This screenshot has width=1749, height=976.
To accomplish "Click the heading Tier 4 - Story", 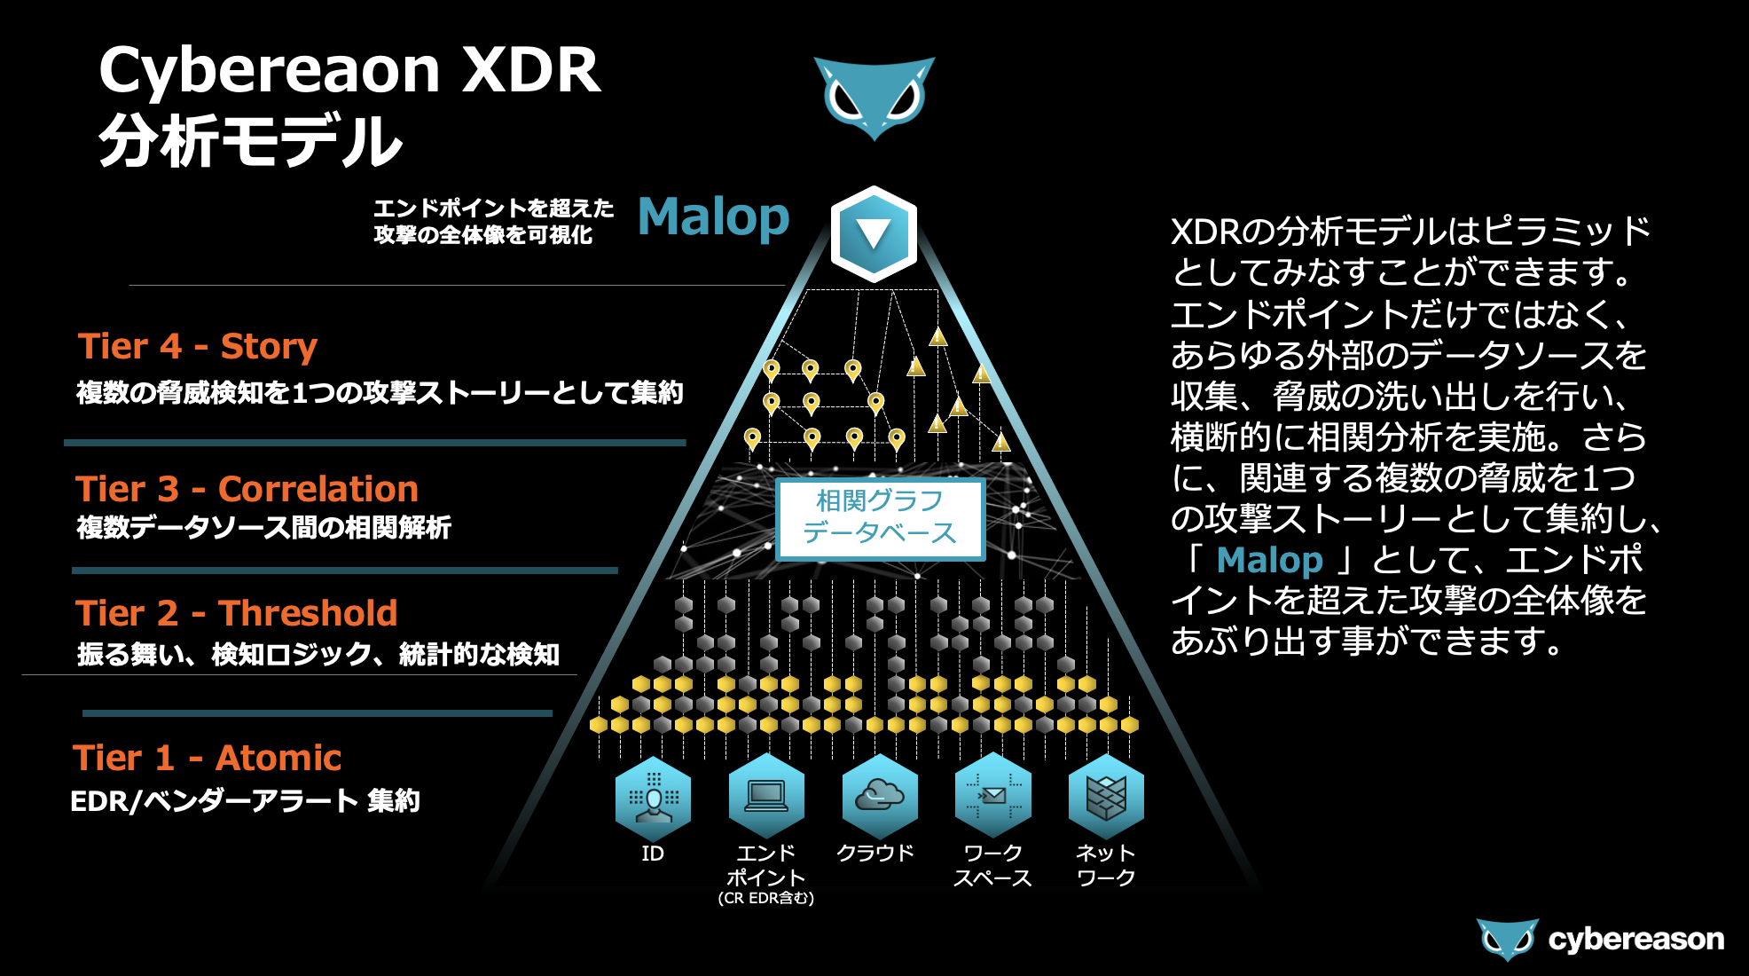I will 197,346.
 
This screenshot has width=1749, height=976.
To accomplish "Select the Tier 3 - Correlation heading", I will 247,489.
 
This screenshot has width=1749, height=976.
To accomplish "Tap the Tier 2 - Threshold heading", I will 236,613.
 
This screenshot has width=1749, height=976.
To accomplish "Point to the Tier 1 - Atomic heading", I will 207,758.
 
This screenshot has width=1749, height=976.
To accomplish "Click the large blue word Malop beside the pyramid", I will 713,216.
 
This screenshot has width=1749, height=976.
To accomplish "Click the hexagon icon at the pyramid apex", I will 874,234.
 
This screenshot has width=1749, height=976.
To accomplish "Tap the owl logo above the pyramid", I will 874,97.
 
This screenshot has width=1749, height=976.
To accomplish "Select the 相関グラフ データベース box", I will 880,518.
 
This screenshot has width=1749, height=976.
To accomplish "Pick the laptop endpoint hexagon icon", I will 766,796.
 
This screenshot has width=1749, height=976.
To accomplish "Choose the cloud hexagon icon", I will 879,796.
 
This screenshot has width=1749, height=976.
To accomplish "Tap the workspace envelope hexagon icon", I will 992,796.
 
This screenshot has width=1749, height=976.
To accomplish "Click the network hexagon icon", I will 1106,796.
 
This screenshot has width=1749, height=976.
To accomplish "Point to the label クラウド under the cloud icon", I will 875,853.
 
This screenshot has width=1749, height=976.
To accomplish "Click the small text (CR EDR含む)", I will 766,898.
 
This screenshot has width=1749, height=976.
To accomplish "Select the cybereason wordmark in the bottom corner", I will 1635,939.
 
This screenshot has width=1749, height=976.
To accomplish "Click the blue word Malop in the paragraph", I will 1269,561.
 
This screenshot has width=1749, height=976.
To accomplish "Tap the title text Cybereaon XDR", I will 349,70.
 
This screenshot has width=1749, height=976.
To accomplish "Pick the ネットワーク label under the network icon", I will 1106,865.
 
